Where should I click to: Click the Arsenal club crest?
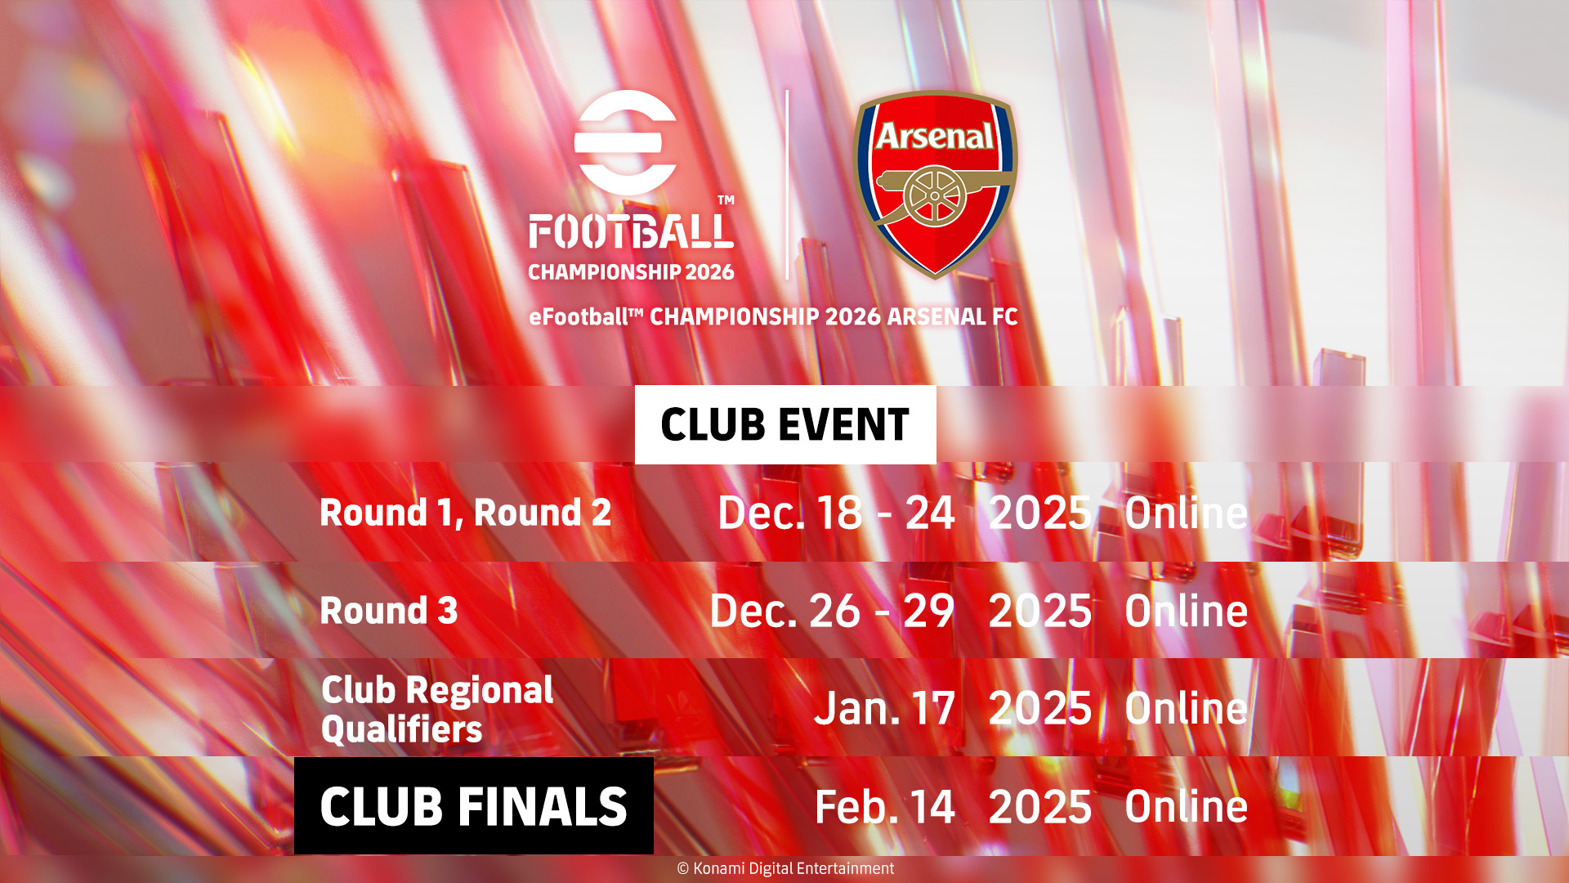pyautogui.click(x=935, y=184)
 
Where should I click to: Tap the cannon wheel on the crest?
pyautogui.click(x=935, y=196)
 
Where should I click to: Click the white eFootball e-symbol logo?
pyautogui.click(x=626, y=142)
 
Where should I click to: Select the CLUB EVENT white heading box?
pyautogui.click(x=785, y=425)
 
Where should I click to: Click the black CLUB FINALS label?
pyautogui.click(x=474, y=806)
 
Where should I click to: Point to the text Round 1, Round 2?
pyautogui.click(x=466, y=513)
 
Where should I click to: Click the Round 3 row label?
pyautogui.click(x=389, y=611)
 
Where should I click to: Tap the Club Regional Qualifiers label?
pyautogui.click(x=437, y=709)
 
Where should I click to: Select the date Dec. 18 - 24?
pyautogui.click(x=836, y=513)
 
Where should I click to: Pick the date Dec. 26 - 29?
pyautogui.click(x=832, y=611)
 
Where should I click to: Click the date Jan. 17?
pyautogui.click(x=884, y=708)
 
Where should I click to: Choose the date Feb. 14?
pyautogui.click(x=885, y=807)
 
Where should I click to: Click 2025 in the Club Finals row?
pyautogui.click(x=1040, y=807)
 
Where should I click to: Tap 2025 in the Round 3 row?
pyautogui.click(x=1040, y=611)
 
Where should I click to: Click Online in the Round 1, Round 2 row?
pyautogui.click(x=1187, y=513)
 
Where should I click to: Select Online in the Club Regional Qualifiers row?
pyautogui.click(x=1187, y=708)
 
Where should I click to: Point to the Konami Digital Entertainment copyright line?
pyautogui.click(x=785, y=868)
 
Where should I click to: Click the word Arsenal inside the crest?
pyautogui.click(x=935, y=136)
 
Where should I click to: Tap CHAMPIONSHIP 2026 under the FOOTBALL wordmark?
pyautogui.click(x=631, y=272)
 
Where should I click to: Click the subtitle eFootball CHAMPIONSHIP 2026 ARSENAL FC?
pyautogui.click(x=773, y=317)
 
